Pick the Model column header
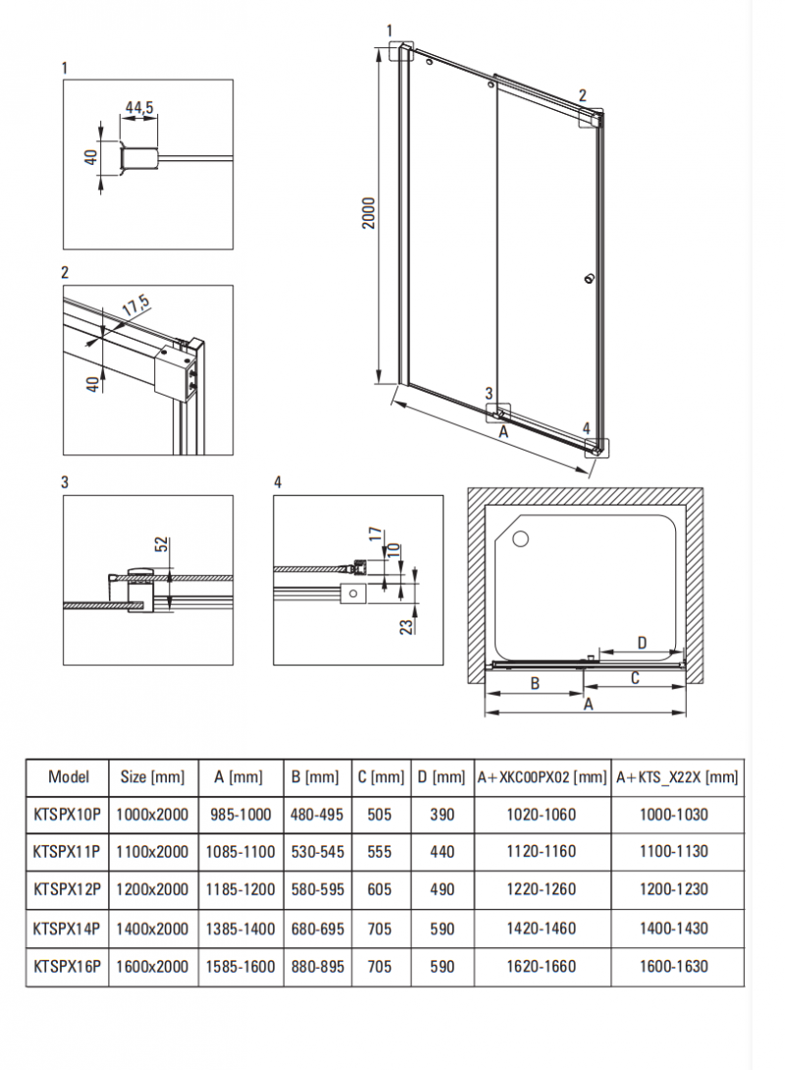(68, 776)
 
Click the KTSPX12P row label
(68, 889)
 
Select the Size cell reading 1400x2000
(152, 928)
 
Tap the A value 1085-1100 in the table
(240, 852)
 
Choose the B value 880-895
(318, 966)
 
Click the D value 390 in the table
(443, 814)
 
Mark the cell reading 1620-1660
(543, 966)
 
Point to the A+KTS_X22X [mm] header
(677, 777)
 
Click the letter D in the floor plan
(642, 643)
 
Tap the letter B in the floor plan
(536, 683)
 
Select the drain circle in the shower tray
(519, 538)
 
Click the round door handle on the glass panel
(589, 279)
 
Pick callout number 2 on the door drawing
(582, 95)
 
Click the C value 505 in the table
(381, 814)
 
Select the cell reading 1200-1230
(677, 889)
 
